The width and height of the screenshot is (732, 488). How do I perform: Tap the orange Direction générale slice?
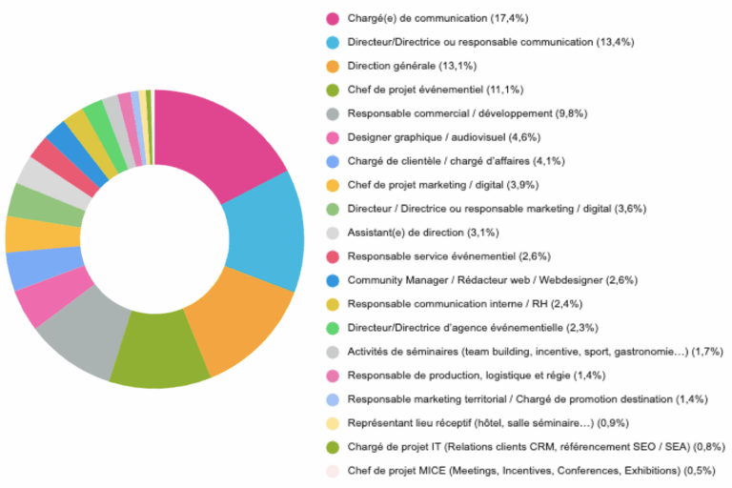click(234, 329)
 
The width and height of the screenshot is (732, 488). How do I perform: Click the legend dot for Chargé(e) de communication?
click(333, 18)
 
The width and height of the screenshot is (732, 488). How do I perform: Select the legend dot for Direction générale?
click(333, 66)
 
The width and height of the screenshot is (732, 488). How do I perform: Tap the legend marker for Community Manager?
click(333, 280)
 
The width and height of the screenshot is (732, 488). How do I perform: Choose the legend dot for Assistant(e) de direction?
click(333, 233)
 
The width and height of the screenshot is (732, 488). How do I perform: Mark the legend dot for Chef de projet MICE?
click(333, 471)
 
